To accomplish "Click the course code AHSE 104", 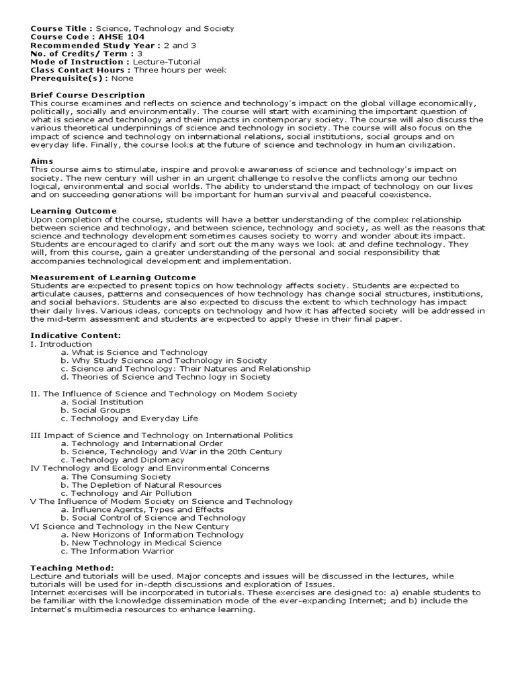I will (x=114, y=37).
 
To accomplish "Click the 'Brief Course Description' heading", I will (x=87, y=95).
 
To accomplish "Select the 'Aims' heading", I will (x=42, y=161).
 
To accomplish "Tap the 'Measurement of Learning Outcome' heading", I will (x=113, y=277).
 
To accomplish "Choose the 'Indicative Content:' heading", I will (x=75, y=335).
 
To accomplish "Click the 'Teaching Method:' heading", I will (x=72, y=568).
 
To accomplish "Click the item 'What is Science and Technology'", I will (x=134, y=352).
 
